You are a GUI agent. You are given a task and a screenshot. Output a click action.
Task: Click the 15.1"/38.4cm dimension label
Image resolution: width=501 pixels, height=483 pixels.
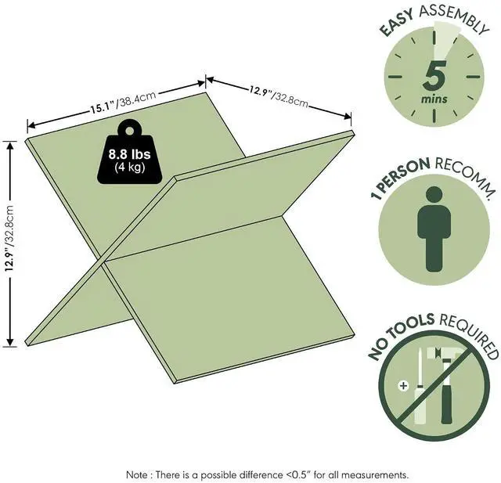123,102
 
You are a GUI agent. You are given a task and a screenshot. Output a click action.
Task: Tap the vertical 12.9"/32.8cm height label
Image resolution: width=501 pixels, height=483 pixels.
9,238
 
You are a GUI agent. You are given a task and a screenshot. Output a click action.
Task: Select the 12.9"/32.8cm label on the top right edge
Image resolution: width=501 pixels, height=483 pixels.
279,96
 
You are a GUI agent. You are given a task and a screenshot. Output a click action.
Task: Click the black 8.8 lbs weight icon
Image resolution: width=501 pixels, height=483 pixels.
129,151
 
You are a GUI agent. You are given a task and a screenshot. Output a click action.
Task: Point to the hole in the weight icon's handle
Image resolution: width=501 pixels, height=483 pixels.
129,131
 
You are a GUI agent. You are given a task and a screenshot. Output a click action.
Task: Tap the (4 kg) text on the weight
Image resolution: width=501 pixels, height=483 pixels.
129,167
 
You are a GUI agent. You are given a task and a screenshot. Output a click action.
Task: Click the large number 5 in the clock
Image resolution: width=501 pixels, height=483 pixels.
434,76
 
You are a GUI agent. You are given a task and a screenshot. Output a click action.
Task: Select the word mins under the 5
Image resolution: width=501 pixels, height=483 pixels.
434,99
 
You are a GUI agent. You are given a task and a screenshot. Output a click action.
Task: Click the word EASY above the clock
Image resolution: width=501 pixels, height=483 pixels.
397,21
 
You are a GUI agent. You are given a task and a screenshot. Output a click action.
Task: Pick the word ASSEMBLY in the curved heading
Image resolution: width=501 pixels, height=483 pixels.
454,16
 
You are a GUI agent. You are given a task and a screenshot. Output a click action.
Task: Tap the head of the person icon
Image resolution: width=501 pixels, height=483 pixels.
434,195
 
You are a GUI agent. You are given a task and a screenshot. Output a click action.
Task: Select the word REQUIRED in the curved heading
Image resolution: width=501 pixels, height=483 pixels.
469,335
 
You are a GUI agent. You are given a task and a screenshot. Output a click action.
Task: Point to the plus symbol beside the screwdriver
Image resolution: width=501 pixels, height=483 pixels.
404,386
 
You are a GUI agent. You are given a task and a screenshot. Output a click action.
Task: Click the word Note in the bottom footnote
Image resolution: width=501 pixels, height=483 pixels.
137,474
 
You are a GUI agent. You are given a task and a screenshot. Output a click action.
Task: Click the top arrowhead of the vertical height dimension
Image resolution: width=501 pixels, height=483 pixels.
10,146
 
